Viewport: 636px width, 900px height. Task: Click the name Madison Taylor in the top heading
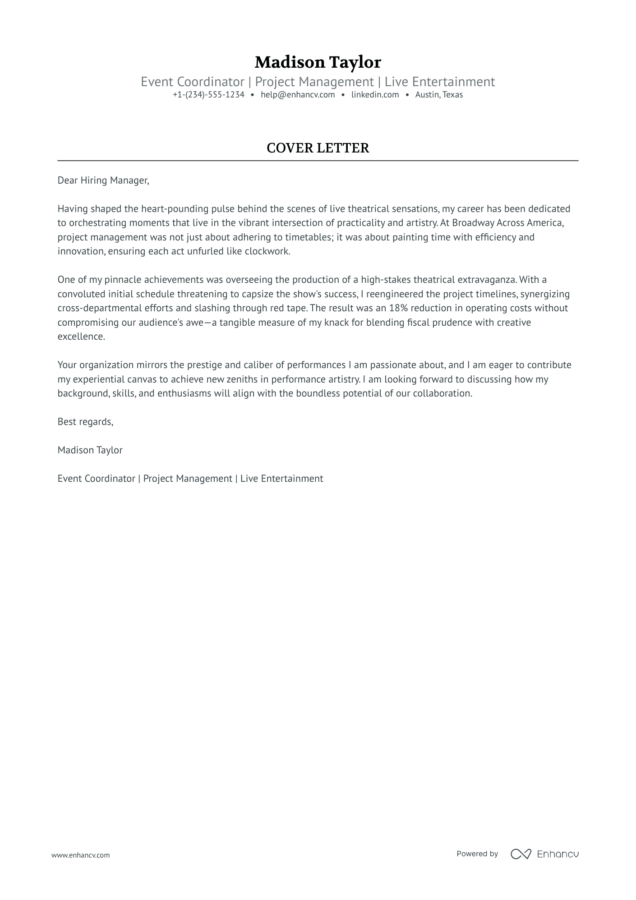318,62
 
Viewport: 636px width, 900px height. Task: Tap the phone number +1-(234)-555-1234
208,95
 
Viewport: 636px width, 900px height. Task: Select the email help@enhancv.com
298,95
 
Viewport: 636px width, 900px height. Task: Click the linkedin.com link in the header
375,95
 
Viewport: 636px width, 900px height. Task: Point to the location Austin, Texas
439,95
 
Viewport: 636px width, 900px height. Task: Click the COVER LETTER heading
318,148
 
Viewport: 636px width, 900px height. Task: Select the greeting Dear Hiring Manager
103,180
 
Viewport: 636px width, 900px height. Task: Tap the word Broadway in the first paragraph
473,223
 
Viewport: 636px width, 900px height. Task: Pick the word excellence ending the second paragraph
81,337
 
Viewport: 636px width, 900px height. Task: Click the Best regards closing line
85,422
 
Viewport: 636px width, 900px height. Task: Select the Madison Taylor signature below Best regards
90,450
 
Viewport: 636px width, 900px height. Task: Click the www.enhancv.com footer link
80,855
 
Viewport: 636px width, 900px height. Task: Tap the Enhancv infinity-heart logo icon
521,854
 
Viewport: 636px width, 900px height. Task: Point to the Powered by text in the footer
477,854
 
